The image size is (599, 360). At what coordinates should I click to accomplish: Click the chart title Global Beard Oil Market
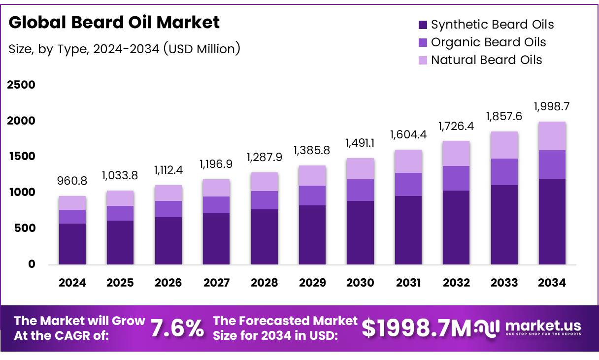pyautogui.click(x=114, y=23)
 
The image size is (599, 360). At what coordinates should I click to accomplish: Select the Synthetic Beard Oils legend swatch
pyautogui.click(x=422, y=25)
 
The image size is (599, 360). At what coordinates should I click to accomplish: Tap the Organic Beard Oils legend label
pyautogui.click(x=488, y=42)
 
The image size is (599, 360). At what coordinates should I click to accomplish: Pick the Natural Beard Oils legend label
pyautogui.click(x=486, y=60)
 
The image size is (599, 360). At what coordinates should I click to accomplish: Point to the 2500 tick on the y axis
pyautogui.click(x=21, y=85)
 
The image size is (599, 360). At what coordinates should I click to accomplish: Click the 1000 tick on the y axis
pyautogui.click(x=21, y=193)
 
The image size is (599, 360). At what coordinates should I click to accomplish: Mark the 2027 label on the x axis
pyautogui.click(x=216, y=283)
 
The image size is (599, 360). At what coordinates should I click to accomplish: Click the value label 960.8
pyautogui.click(x=72, y=181)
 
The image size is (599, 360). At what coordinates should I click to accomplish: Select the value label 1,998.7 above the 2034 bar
pyautogui.click(x=552, y=106)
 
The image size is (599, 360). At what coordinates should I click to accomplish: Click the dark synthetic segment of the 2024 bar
pyautogui.click(x=72, y=244)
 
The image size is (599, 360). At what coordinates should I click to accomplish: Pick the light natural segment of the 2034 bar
pyautogui.click(x=552, y=136)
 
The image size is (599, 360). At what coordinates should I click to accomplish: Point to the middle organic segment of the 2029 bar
pyautogui.click(x=312, y=196)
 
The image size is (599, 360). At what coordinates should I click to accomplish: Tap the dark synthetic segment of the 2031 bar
pyautogui.click(x=408, y=230)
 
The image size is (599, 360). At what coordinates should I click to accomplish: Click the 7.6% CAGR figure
pyautogui.click(x=176, y=328)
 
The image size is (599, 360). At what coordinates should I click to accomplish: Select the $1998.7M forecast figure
pyautogui.click(x=417, y=328)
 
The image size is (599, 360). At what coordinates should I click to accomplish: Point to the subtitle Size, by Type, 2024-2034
pyautogui.click(x=124, y=49)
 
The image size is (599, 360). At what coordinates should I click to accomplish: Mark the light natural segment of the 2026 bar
pyautogui.click(x=168, y=193)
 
